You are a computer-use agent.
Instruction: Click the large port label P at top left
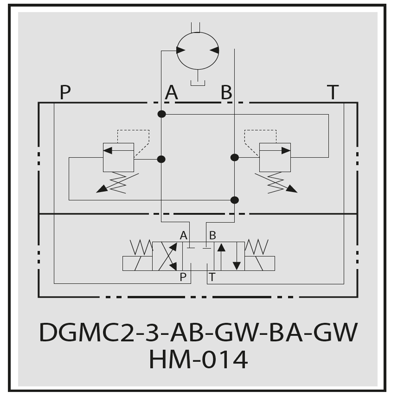(66, 92)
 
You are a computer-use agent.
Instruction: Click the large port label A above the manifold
(172, 92)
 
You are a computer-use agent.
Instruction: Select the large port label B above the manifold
(226, 92)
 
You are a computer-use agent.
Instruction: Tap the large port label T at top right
(333, 92)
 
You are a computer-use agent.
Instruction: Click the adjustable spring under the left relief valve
(118, 183)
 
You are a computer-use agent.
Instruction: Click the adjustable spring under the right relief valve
(276, 183)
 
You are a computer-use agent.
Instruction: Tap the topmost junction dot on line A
(162, 114)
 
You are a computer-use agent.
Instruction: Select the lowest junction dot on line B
(235, 200)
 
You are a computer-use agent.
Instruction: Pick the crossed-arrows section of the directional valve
(168, 256)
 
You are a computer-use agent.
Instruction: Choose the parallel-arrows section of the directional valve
(229, 256)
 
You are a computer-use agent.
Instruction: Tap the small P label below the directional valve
(183, 277)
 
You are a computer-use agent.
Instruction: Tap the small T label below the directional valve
(212, 277)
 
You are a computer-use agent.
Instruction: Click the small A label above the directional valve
(183, 235)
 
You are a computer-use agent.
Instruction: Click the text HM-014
(198, 359)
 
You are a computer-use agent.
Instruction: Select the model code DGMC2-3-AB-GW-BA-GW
(198, 332)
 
